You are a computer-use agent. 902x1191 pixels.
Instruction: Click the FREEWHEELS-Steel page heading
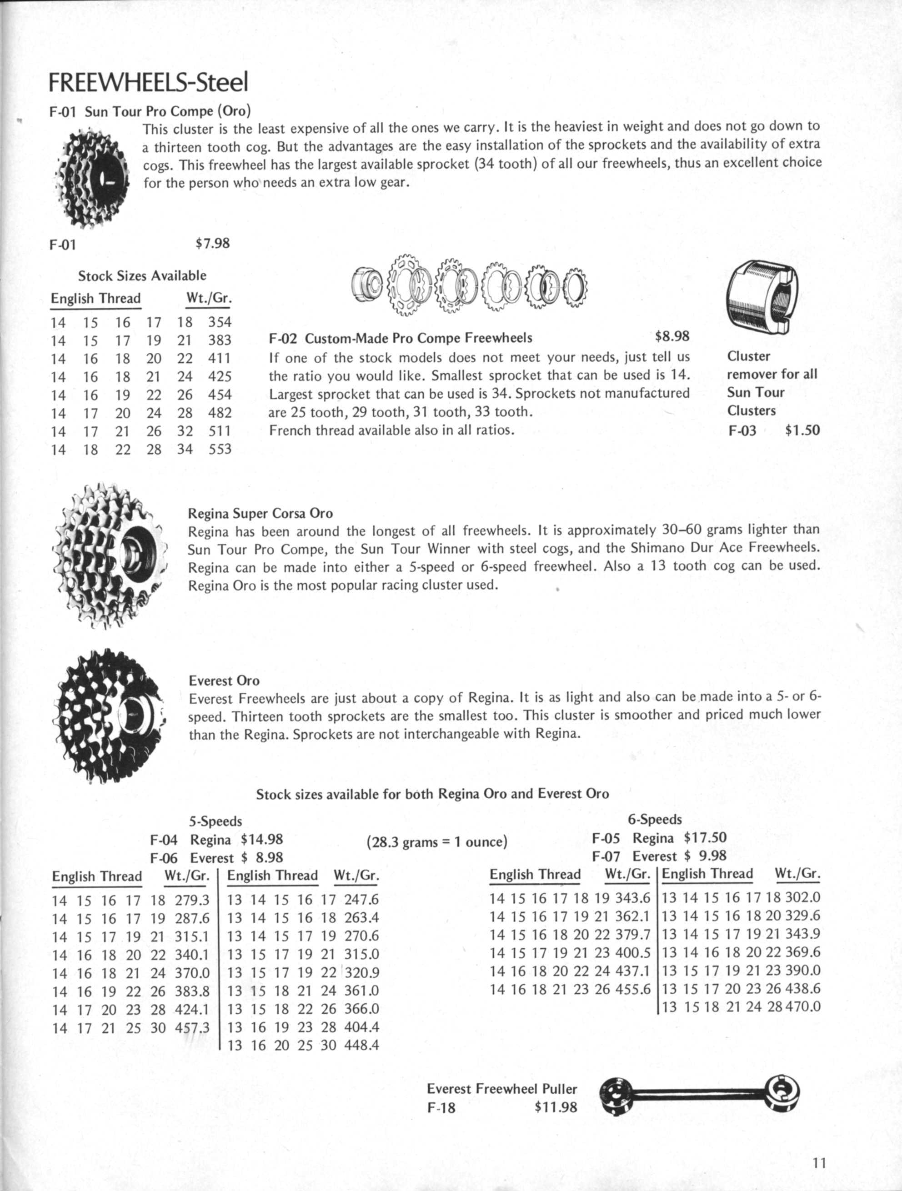[x=148, y=82]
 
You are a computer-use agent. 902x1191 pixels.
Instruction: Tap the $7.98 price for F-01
[x=212, y=243]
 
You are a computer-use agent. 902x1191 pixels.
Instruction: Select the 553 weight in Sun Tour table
[x=220, y=449]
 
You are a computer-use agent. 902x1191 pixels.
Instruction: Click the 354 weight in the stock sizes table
[x=220, y=322]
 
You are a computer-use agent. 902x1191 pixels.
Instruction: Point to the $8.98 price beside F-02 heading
[x=672, y=336]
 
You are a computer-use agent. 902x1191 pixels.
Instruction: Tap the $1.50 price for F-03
[x=802, y=430]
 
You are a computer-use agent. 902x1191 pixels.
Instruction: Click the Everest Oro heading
[x=224, y=681]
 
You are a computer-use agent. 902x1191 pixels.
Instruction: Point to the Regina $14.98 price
[x=262, y=839]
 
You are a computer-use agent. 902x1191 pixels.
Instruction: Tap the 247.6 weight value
[x=361, y=900]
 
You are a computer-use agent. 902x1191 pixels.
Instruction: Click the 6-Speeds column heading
[x=654, y=820]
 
